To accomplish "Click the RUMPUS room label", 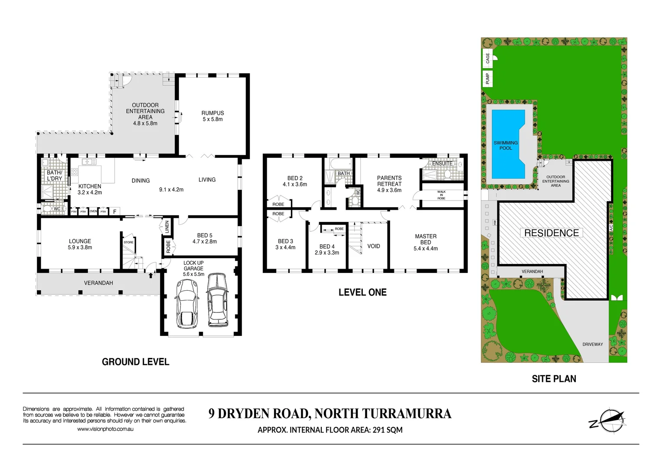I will tap(213, 113).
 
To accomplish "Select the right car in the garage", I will tap(217, 300).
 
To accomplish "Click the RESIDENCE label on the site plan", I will tap(551, 233).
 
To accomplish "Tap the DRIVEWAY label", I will tap(592, 344).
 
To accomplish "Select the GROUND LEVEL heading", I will tap(136, 362).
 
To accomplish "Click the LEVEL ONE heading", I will tap(362, 292).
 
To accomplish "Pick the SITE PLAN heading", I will tap(554, 379).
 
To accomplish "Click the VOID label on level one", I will tap(373, 246).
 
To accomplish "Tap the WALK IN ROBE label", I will tap(441, 195).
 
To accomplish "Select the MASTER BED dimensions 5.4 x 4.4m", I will tap(426, 249).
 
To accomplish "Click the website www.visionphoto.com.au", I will tap(105, 429).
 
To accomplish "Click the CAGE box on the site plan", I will tap(488, 58).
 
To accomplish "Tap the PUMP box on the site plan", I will tap(488, 78).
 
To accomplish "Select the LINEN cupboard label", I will tap(167, 227).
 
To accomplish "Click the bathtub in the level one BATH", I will tap(341, 164).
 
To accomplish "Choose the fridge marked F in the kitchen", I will tap(115, 212).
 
